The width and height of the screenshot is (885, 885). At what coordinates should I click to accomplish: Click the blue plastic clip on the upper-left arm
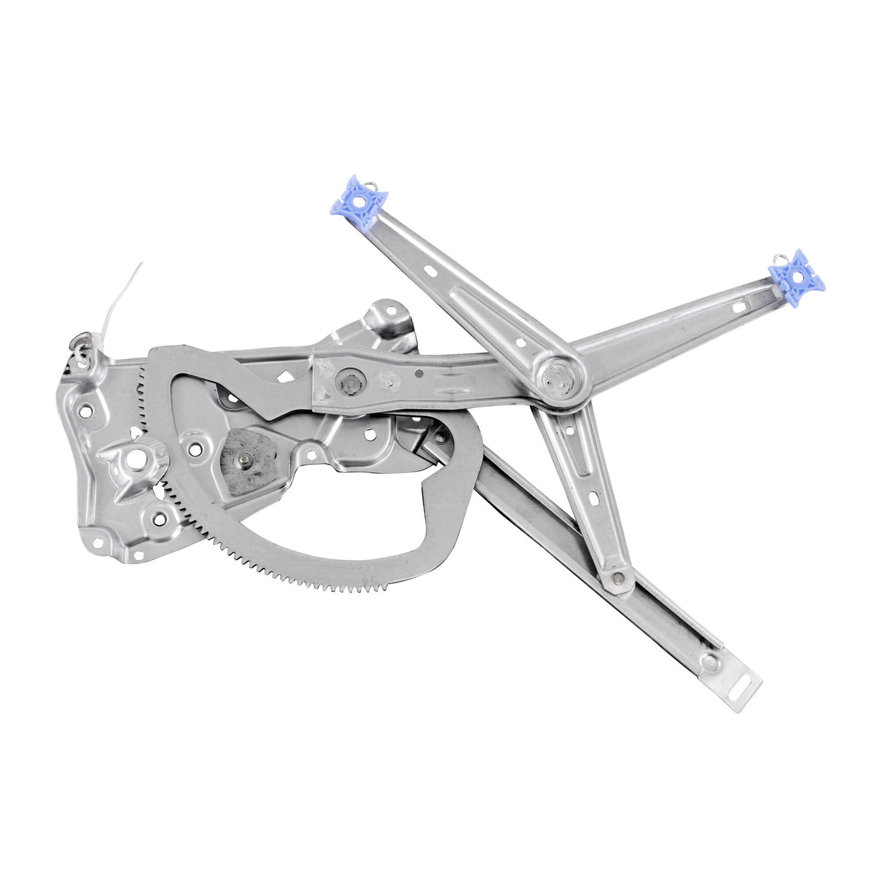[359, 202]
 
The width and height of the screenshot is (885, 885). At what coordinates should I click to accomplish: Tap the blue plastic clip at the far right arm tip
[796, 278]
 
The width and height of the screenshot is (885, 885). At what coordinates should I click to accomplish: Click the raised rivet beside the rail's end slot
[709, 662]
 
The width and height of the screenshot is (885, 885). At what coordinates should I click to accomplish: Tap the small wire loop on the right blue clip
[780, 257]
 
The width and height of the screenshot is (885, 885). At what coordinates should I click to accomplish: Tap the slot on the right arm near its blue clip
[738, 306]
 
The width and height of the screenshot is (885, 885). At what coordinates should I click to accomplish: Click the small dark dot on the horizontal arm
[420, 373]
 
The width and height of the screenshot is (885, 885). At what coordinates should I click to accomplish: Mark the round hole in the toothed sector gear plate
[195, 448]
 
